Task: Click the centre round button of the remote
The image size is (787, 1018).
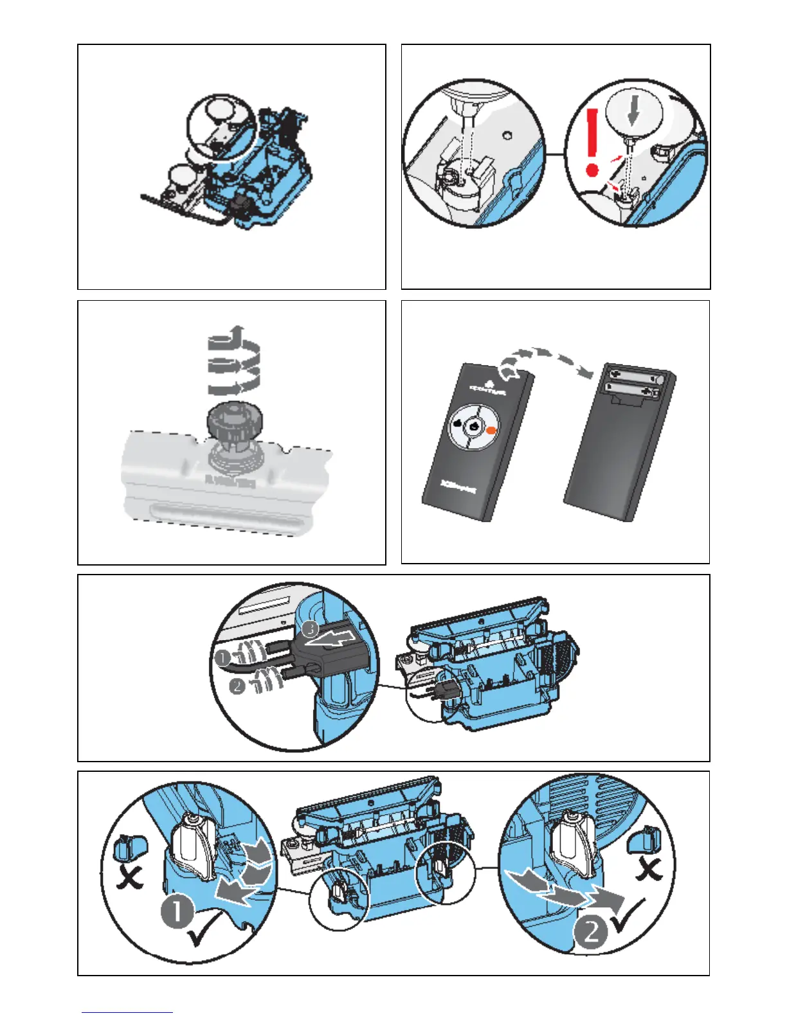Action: [x=473, y=426]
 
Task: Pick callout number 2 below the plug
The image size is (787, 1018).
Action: [x=237, y=686]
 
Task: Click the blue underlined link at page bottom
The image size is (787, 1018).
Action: [x=127, y=1012]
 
